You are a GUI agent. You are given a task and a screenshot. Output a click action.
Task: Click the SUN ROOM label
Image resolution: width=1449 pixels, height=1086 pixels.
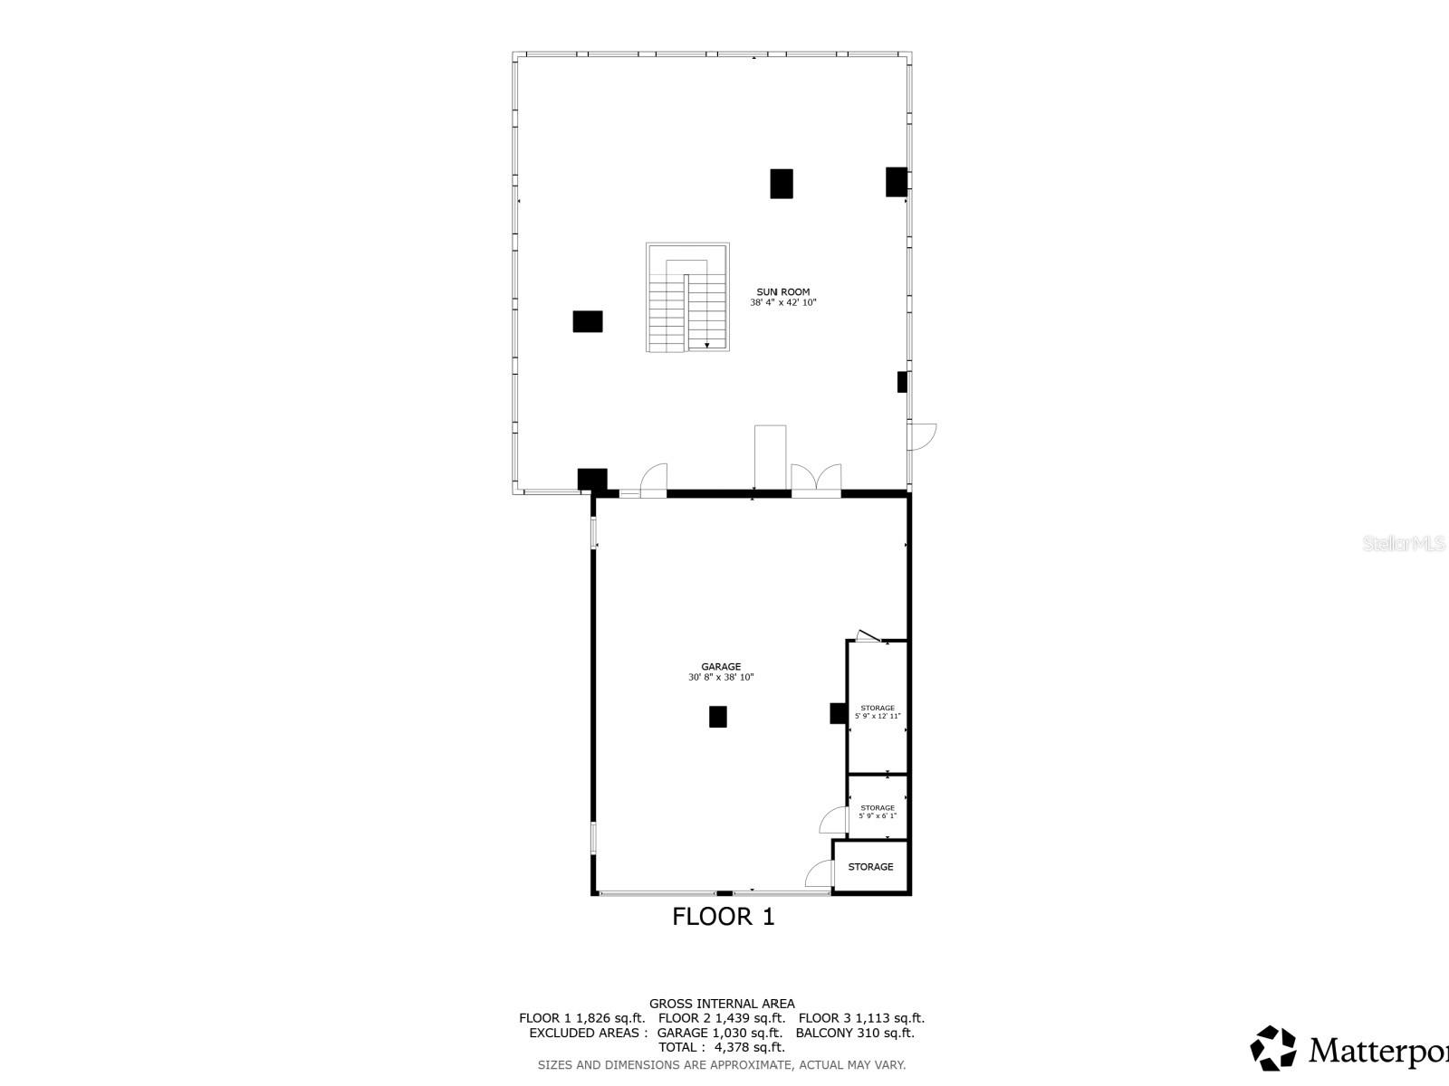(x=782, y=291)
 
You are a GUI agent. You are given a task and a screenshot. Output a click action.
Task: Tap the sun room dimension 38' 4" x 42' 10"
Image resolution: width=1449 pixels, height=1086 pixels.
(x=782, y=303)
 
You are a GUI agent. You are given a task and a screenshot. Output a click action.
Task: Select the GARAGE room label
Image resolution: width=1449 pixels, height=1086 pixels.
(x=721, y=667)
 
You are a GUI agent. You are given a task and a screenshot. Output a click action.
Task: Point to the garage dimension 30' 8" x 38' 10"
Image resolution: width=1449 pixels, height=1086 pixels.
(x=721, y=678)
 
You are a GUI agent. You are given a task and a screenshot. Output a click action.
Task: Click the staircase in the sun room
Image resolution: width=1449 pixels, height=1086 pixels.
(x=687, y=297)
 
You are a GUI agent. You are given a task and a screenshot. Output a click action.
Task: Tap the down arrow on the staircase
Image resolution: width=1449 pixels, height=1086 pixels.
(x=706, y=344)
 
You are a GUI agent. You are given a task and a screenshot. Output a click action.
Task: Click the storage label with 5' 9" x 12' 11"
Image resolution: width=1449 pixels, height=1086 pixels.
(x=878, y=709)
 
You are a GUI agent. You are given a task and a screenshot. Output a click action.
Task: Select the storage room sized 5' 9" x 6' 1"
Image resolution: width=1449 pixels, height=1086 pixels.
(x=878, y=808)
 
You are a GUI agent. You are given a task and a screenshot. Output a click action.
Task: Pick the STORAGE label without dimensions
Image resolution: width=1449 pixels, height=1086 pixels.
(x=870, y=867)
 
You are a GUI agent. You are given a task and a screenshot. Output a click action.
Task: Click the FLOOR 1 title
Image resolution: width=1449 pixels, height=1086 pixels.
(x=723, y=917)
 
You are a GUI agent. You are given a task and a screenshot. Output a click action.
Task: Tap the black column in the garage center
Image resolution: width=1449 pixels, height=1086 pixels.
(x=717, y=717)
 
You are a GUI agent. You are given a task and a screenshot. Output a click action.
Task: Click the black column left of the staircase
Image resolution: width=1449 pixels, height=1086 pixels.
(x=587, y=321)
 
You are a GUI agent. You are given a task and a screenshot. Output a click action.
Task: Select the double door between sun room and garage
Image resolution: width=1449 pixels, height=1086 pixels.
(x=816, y=480)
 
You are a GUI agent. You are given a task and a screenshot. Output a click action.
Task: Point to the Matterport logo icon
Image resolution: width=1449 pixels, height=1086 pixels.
(x=1273, y=1048)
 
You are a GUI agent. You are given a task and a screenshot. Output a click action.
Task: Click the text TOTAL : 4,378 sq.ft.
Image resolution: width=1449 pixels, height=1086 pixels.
(x=721, y=1047)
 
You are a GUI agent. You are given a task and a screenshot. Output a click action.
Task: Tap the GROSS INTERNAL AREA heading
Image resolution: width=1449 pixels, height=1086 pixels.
(x=722, y=1003)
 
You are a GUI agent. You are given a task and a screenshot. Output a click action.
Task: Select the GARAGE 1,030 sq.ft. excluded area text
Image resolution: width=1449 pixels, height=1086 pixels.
(x=719, y=1033)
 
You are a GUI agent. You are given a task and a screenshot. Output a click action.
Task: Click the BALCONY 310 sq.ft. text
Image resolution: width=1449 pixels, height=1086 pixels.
(x=855, y=1033)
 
